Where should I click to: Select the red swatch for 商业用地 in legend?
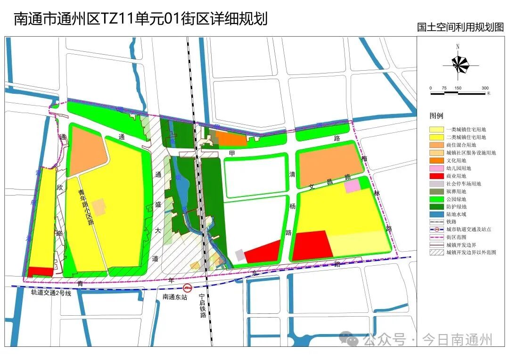coord(436,176)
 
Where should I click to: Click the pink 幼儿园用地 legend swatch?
coord(436,168)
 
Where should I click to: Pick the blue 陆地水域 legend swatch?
coord(436,214)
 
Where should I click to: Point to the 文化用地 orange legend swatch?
coord(436,160)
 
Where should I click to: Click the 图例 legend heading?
coord(436,115)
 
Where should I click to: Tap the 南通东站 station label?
coord(175,297)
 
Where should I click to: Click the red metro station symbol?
coord(188,288)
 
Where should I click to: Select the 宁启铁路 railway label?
coord(202,306)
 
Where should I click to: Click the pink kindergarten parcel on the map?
coord(352,186)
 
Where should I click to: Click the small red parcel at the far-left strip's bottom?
coord(41,272)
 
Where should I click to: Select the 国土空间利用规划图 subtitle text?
coord(460,27)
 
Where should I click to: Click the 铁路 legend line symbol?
coord(436,222)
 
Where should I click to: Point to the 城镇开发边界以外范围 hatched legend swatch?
coord(436,253)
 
